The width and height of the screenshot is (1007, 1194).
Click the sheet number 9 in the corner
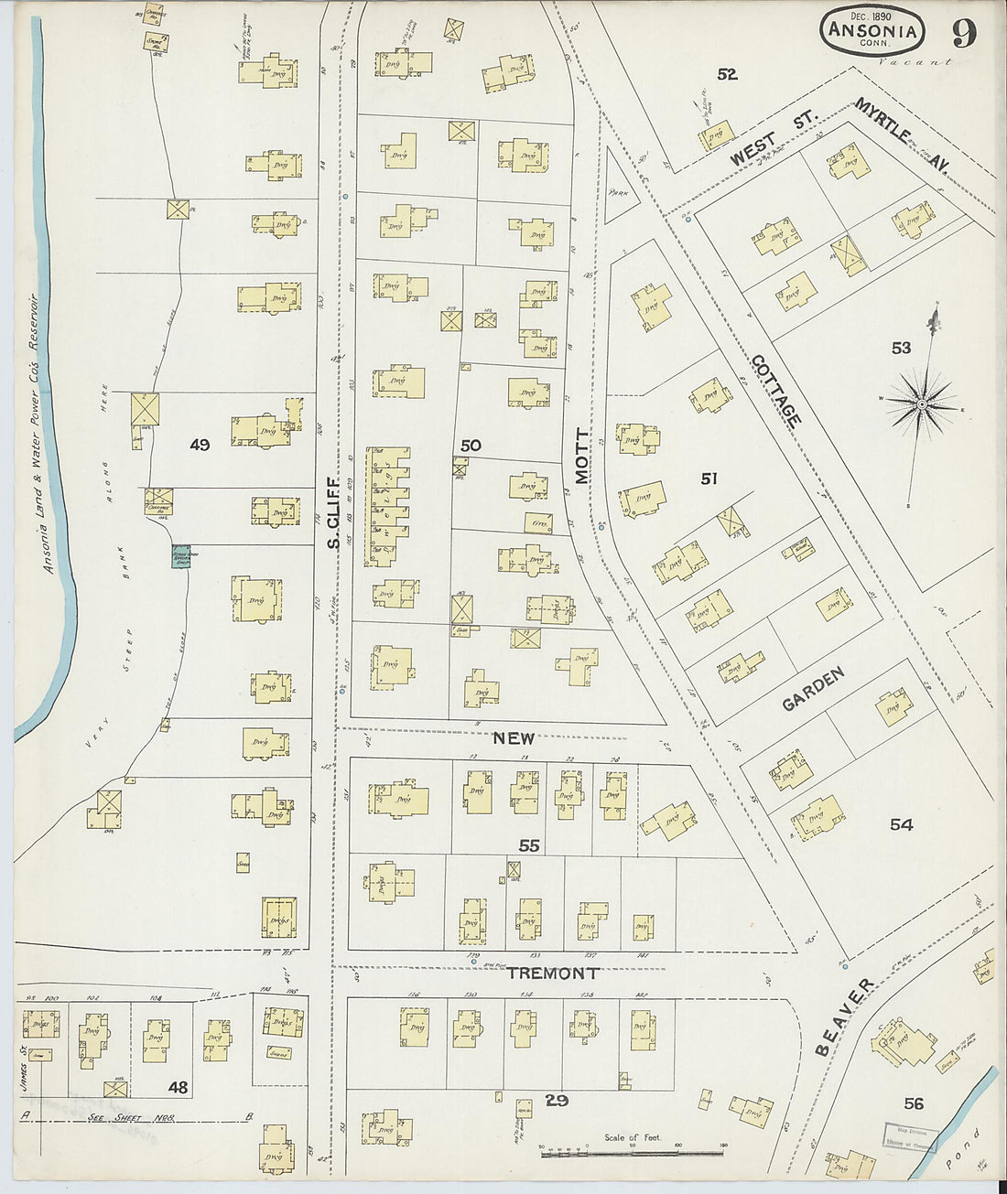tap(963, 33)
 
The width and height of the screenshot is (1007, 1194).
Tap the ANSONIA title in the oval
tap(872, 30)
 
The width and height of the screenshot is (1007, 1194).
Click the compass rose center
tap(922, 403)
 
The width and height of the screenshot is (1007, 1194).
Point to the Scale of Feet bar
tap(632, 1154)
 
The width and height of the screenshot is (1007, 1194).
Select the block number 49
tap(200, 446)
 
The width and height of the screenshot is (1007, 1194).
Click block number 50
tap(471, 446)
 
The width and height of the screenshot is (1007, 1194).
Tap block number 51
tap(709, 478)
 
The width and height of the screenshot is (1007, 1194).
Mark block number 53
tap(901, 348)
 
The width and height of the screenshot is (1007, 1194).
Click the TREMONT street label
tap(552, 973)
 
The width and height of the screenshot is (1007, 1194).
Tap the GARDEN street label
tap(813, 689)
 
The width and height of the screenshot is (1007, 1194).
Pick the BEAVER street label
tap(843, 1017)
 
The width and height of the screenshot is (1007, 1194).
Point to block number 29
tap(557, 1101)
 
